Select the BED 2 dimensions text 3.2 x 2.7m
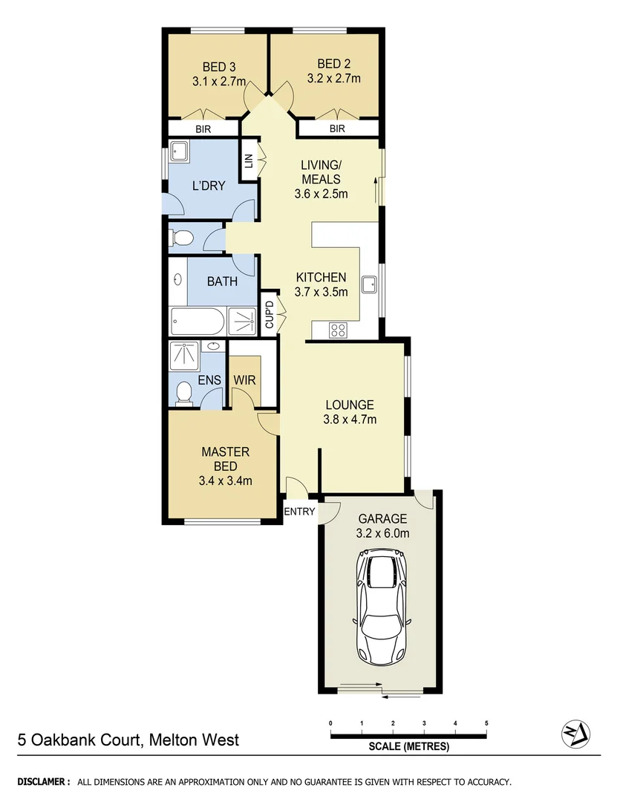pos(333,79)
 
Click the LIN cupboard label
pos(249,160)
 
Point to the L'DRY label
pos(208,186)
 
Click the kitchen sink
pos(368,284)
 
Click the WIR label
pos(245,381)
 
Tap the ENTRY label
pos(301,512)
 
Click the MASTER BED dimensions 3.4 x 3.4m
pos(226,480)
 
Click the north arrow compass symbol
pos(575,734)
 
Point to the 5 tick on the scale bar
pos(486,723)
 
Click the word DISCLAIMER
pos(44,782)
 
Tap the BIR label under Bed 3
pos(203,128)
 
